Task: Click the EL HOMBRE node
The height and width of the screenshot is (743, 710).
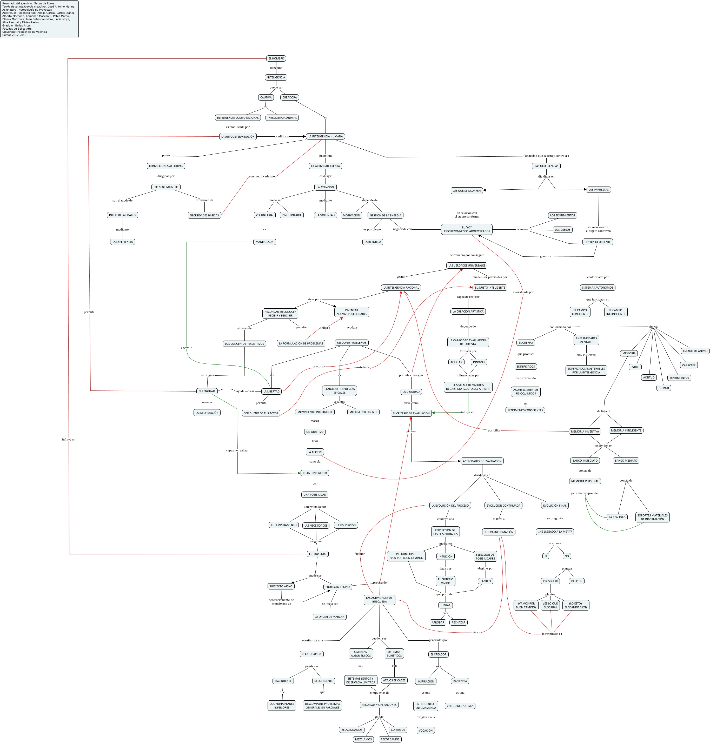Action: click(x=276, y=59)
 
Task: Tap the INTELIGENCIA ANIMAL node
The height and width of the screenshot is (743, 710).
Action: click(x=282, y=118)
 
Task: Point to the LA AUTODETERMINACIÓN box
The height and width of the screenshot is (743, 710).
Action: click(x=238, y=137)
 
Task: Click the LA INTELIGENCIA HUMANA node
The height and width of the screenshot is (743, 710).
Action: click(x=325, y=137)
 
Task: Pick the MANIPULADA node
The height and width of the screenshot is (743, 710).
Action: click(x=264, y=242)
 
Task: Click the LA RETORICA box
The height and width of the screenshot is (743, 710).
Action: click(x=373, y=242)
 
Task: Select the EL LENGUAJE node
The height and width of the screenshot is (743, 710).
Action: click(x=207, y=391)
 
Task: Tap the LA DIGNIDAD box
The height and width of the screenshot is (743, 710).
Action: click(x=411, y=392)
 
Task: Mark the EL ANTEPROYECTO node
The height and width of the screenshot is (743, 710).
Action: click(x=315, y=473)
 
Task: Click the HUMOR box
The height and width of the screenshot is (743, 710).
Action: click(x=663, y=388)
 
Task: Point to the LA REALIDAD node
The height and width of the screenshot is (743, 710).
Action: click(x=617, y=517)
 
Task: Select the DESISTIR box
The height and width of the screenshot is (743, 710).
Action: click(x=576, y=581)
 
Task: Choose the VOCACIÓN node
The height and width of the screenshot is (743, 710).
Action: click(x=425, y=731)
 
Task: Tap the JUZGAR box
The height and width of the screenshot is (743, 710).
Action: click(x=445, y=605)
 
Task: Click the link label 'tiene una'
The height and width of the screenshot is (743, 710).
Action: click(x=276, y=68)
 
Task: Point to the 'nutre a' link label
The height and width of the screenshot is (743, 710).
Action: click(x=475, y=633)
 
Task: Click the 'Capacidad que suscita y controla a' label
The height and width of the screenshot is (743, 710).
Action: click(x=546, y=156)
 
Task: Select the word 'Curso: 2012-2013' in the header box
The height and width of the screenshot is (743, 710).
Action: click(x=14, y=35)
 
